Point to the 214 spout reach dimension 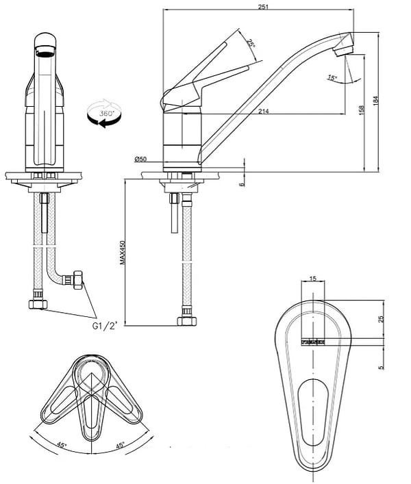click(264, 111)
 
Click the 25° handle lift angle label click(251, 43)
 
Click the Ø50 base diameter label click(140, 160)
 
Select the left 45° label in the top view click(62, 446)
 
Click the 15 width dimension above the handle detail click(313, 279)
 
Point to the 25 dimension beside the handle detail click(382, 318)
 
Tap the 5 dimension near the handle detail click(382, 367)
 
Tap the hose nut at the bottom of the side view click(184, 320)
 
